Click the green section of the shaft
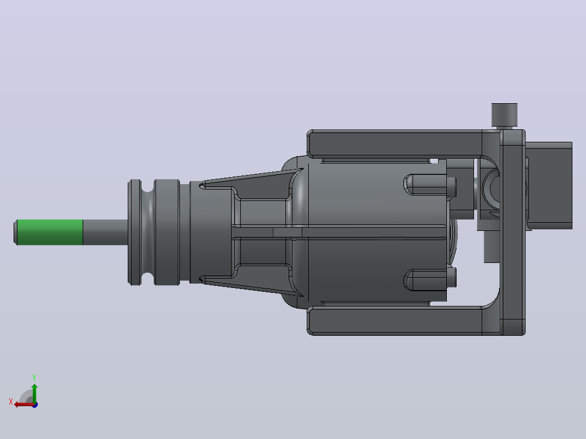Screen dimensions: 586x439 click(50, 233)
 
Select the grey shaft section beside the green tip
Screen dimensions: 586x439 click(105, 233)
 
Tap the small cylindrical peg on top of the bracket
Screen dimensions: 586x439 click(504, 115)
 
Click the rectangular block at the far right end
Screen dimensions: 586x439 click(550, 185)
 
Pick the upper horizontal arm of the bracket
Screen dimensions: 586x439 click(396, 143)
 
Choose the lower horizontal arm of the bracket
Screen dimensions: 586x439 click(396, 321)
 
